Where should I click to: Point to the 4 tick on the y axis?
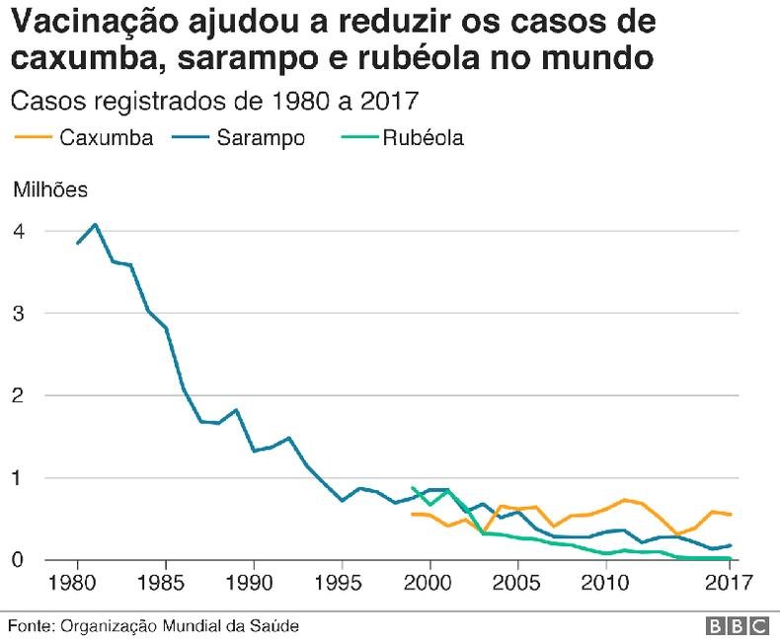(x=19, y=231)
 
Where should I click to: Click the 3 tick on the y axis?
(x=19, y=314)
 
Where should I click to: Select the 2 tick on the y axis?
(x=19, y=395)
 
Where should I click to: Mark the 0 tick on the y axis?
(x=19, y=560)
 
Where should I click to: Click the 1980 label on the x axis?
(x=77, y=581)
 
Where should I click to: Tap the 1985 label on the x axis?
(x=165, y=581)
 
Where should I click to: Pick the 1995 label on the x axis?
(x=342, y=581)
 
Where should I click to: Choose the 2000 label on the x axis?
(x=429, y=581)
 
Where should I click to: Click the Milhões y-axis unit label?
(x=49, y=189)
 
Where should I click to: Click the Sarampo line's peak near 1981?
(x=95, y=224)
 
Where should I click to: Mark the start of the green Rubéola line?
(x=412, y=487)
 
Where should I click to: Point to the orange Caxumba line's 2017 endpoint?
(x=730, y=515)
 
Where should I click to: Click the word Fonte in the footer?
(x=30, y=625)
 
